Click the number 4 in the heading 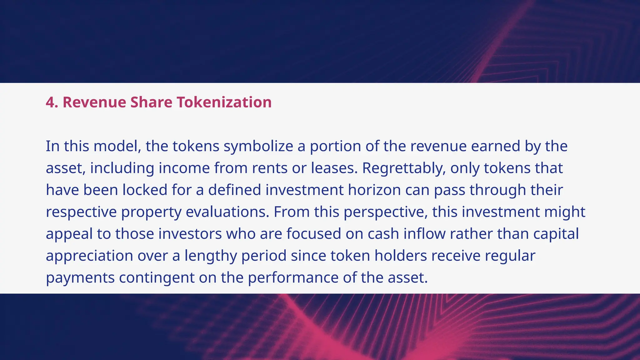click(x=50, y=102)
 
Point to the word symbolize click(x=258, y=146)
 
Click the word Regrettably click(x=404, y=168)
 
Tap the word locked click(x=145, y=190)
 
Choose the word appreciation click(x=89, y=256)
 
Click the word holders click(x=401, y=256)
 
